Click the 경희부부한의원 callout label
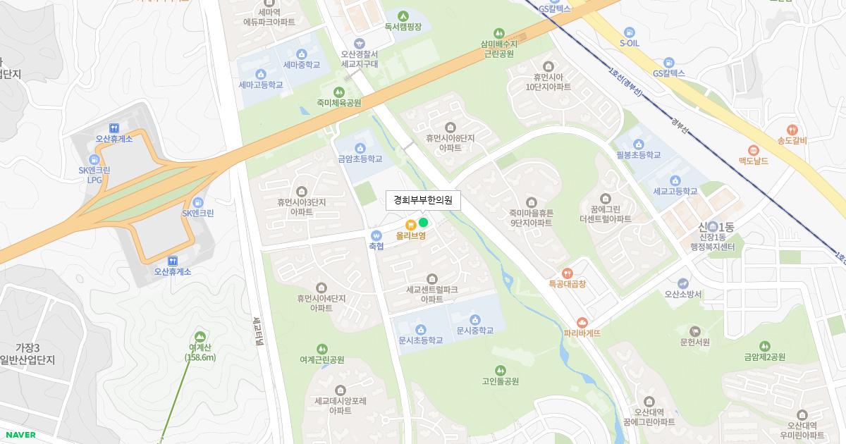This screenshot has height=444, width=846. point(423,201)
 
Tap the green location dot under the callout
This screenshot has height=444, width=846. point(423,223)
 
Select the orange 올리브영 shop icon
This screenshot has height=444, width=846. point(411,224)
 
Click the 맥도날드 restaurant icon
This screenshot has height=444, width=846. point(753,149)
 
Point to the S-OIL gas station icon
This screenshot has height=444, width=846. point(630,32)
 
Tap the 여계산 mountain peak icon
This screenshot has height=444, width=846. point(201,335)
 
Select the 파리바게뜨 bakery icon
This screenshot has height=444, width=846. point(582,321)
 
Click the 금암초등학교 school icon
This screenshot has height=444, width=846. point(360,147)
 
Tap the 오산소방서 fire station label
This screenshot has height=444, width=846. point(683,294)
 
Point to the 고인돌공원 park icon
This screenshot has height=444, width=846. point(500,370)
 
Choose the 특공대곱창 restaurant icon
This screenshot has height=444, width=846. point(568,273)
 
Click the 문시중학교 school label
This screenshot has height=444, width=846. point(474,331)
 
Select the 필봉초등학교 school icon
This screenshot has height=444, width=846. point(639,144)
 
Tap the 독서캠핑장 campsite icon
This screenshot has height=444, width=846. point(403,16)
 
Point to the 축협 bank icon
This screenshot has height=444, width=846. point(376,235)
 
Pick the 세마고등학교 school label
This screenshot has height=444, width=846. point(261,85)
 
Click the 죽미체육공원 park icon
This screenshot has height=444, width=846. point(339,92)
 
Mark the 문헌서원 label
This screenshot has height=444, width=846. point(694,343)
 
